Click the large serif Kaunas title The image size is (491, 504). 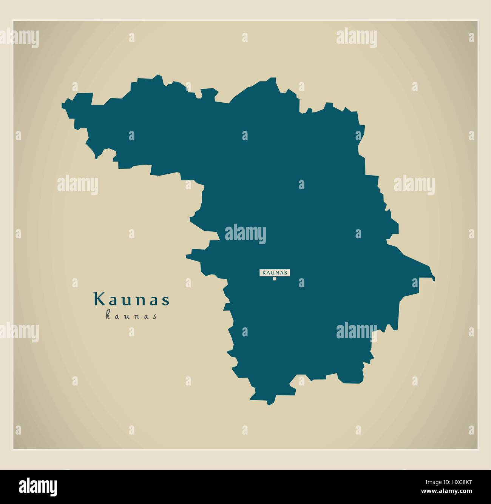[x=132, y=299]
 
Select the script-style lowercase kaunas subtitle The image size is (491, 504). [x=131, y=316]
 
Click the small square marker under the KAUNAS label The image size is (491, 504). [x=275, y=279]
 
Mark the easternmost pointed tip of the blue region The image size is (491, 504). [x=434, y=279]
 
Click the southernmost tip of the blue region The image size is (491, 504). [x=269, y=405]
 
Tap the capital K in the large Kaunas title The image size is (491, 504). [x=99, y=299]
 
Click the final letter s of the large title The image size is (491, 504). [x=166, y=301]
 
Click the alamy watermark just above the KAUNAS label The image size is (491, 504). [x=246, y=234]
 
